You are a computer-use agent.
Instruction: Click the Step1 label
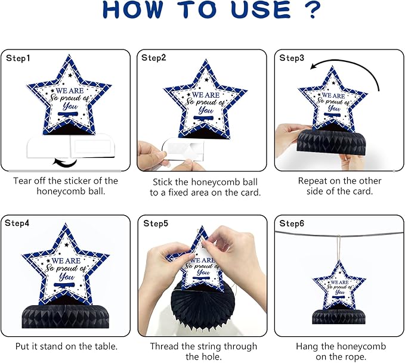pos(18,58)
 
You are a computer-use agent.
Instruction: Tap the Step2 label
pos(154,58)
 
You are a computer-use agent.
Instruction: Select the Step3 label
pos(292,58)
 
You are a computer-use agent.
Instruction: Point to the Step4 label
pos(17,223)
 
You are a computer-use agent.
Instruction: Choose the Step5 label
pos(156,224)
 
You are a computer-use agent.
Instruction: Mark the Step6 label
pos(292,224)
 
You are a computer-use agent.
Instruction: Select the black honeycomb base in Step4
pos(66,317)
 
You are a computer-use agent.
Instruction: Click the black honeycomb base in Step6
pos(339,317)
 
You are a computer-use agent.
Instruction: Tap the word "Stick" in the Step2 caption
pos(163,182)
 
